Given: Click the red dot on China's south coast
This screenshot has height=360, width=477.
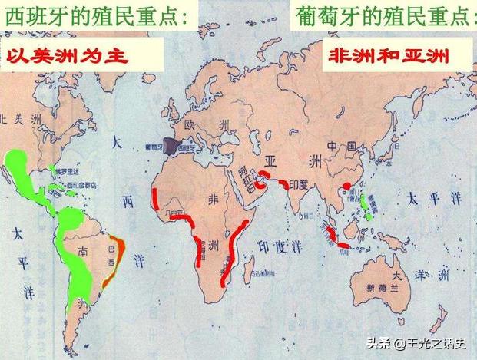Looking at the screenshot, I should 346,185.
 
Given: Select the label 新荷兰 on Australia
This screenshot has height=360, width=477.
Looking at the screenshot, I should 380,289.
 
